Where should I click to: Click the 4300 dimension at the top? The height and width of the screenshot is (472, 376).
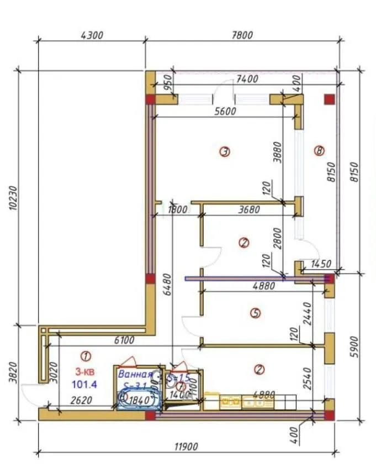(x=92, y=35)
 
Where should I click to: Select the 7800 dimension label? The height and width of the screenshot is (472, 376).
(x=241, y=35)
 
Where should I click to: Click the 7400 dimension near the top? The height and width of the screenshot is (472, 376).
(x=246, y=79)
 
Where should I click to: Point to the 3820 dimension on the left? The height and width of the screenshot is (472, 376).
(x=13, y=374)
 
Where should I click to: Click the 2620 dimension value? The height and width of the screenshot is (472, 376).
(x=80, y=402)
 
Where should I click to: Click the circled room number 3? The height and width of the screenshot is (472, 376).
(x=224, y=151)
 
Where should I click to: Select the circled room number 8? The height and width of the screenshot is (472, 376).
(x=318, y=151)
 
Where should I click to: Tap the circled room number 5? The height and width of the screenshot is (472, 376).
(x=255, y=313)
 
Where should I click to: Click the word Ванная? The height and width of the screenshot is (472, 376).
(x=135, y=374)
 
